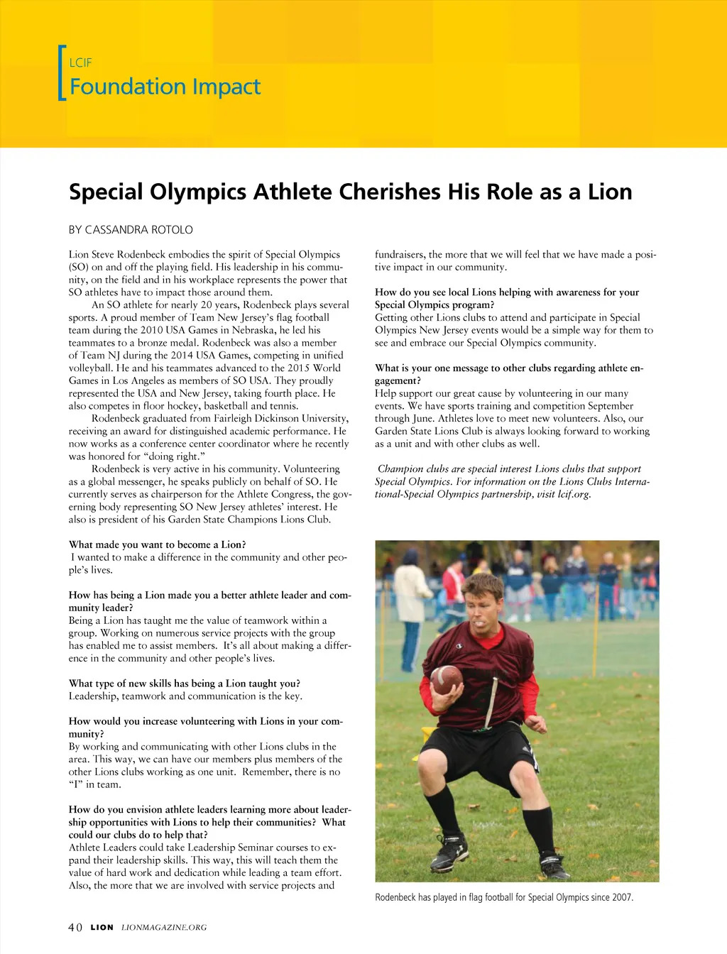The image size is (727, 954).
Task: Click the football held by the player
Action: [x=446, y=679]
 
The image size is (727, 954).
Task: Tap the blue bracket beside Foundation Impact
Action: [x=61, y=73]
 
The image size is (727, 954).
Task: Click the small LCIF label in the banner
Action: [x=80, y=62]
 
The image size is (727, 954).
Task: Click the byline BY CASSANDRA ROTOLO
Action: [x=131, y=230]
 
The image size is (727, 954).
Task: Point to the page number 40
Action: [x=75, y=927]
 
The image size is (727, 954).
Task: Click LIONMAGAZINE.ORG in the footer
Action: [x=164, y=927]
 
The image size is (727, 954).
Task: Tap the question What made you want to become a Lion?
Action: [x=157, y=544]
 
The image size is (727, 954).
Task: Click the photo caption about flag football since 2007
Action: [x=504, y=897]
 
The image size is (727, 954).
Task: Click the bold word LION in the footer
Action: [x=102, y=927]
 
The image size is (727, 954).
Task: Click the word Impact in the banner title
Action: [x=226, y=87]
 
